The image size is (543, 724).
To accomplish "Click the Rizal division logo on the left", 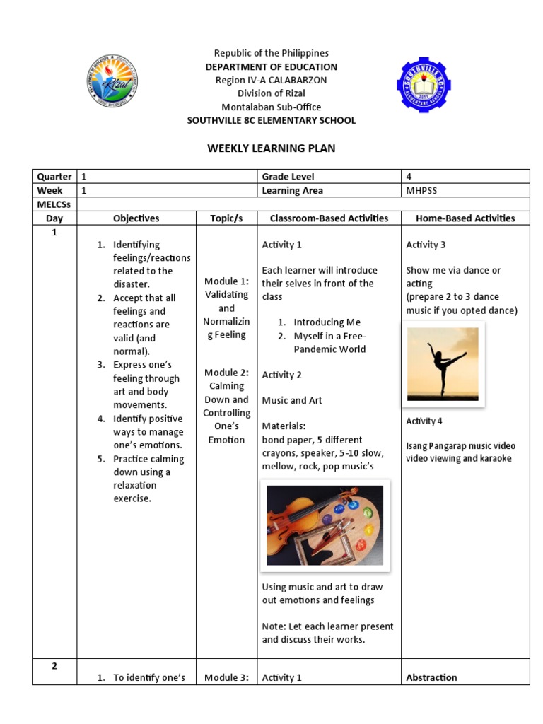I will click(112, 81).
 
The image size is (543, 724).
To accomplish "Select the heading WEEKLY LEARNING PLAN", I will click(271, 148).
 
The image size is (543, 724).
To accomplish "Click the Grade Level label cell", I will click(288, 176).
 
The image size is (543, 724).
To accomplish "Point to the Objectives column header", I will click(136, 218).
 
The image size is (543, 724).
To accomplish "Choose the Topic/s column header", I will click(226, 218).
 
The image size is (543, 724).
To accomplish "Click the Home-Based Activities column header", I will click(465, 218).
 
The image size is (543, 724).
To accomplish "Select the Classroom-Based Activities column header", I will click(328, 218).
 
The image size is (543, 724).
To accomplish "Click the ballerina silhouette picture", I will click(443, 363).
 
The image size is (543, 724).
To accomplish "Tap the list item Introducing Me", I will click(327, 322).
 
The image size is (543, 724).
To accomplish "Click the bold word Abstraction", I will click(431, 677).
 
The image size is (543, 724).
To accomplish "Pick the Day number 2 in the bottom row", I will click(54, 666).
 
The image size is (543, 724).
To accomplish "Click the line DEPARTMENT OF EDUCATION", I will click(271, 67).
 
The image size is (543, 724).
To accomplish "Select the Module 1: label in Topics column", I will click(226, 281).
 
